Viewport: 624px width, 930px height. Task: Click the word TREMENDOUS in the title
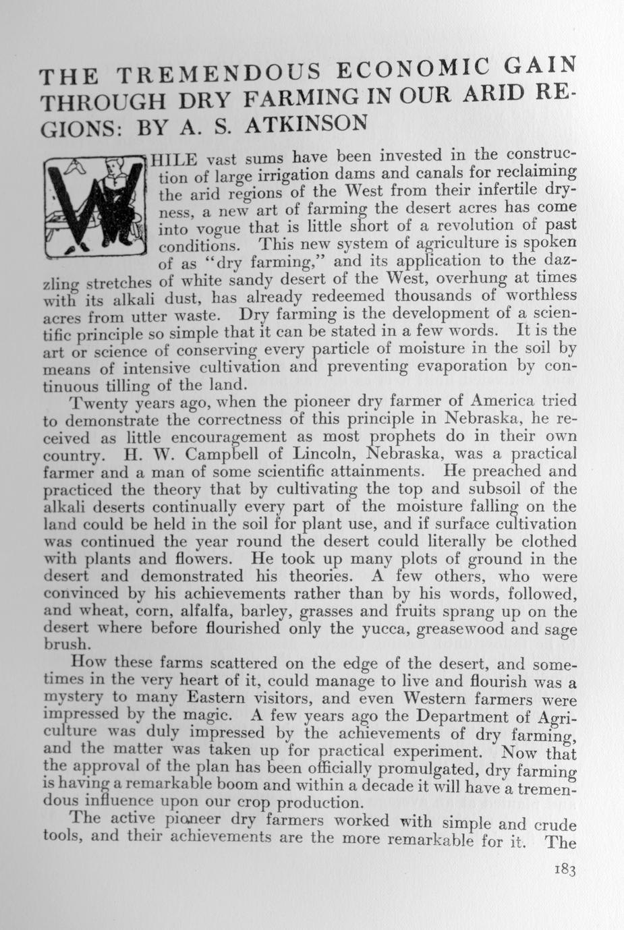208,73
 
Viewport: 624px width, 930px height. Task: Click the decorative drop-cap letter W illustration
94,206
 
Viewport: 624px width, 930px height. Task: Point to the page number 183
563,870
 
